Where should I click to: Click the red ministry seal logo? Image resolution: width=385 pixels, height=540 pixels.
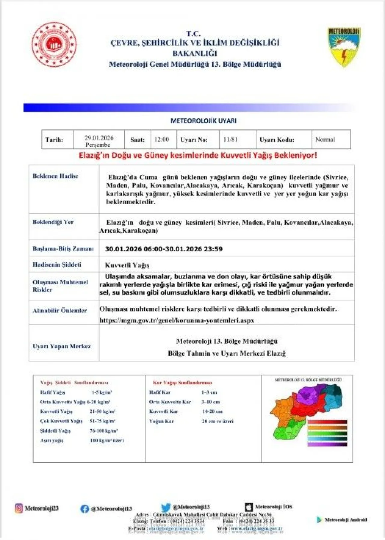54,45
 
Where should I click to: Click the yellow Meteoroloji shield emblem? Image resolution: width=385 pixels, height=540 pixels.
343,47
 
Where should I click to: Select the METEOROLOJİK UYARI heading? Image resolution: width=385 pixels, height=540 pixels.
203,121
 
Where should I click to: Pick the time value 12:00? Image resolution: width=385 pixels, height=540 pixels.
162,140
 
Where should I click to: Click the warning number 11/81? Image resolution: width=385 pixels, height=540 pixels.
230,140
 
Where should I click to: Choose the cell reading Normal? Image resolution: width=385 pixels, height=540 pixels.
325,140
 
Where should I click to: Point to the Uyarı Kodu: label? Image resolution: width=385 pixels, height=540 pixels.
277,140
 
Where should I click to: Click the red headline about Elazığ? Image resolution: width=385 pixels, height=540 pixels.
198,156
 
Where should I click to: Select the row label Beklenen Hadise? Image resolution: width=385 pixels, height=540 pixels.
55,176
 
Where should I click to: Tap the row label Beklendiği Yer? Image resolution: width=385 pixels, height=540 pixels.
53,222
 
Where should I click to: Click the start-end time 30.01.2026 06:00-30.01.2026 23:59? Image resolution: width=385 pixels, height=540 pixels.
164,249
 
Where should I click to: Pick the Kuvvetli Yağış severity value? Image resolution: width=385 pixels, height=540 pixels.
127,265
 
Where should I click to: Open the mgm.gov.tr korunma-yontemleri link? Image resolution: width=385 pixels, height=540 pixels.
177,320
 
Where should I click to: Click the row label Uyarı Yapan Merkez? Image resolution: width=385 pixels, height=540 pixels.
62,346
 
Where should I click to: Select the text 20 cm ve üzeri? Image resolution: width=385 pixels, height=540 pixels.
217,421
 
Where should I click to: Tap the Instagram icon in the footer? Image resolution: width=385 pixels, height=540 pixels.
19,508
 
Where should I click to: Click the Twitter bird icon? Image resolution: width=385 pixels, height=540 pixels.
165,508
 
